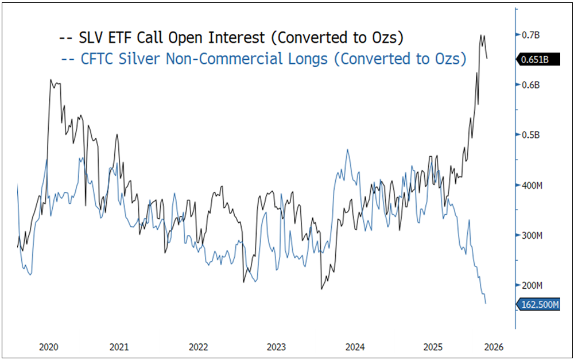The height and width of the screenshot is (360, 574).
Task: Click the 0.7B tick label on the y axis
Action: [x=532, y=35]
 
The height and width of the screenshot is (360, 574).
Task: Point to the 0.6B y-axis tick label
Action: [x=532, y=85]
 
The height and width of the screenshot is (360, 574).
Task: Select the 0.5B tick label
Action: [x=532, y=135]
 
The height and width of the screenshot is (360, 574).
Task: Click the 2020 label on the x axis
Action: [x=49, y=347]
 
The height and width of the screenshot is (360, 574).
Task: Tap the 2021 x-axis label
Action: [x=119, y=347]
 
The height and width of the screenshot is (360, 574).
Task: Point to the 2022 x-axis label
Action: [x=198, y=347]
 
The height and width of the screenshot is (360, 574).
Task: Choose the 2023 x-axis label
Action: [x=276, y=347]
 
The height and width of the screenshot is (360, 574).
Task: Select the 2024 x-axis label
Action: [x=355, y=347]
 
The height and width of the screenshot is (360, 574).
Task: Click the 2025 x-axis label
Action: [x=433, y=347]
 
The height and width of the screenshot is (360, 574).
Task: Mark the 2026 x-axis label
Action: [x=493, y=347]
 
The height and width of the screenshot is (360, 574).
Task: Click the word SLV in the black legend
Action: [x=93, y=38]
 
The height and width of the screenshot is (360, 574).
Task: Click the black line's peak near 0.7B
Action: [x=481, y=35]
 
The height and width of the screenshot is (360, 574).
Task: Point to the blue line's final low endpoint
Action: [x=486, y=303]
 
